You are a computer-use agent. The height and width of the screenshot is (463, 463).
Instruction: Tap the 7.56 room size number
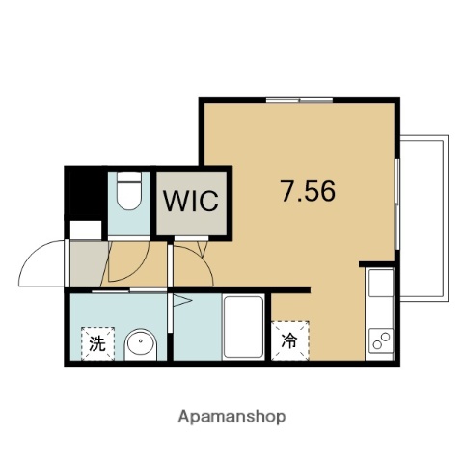308,191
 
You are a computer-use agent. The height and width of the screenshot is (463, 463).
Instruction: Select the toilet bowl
127,194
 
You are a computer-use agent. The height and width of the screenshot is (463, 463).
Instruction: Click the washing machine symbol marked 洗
97,340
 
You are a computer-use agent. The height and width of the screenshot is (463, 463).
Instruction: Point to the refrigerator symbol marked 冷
289,340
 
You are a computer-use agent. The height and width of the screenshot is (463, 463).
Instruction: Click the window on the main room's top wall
299,99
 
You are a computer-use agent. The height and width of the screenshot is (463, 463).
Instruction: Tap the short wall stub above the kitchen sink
377,263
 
